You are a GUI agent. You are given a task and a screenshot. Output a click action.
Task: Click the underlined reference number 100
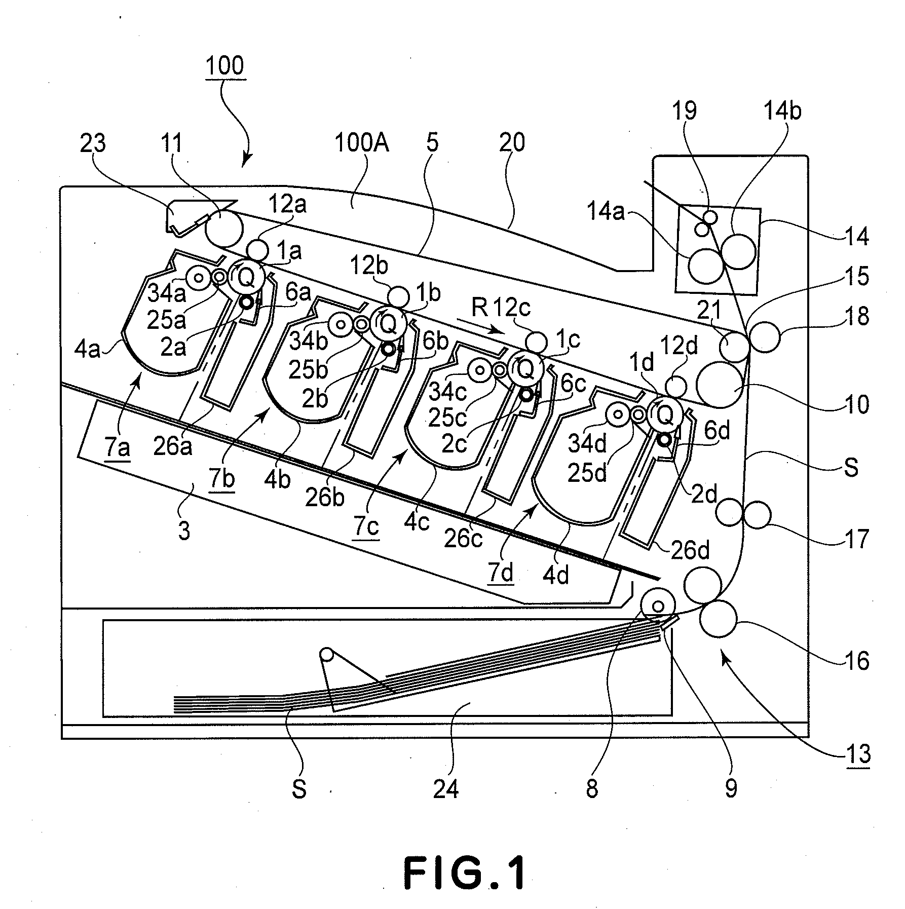tap(225, 66)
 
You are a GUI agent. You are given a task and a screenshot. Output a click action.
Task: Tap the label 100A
tap(361, 143)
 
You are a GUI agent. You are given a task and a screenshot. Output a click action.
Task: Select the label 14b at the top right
tap(782, 110)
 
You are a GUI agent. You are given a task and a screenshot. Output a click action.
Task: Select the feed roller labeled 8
tap(658, 606)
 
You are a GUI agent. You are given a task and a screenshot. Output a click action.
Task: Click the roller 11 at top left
tap(223, 229)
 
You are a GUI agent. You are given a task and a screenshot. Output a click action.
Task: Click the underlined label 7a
tap(117, 448)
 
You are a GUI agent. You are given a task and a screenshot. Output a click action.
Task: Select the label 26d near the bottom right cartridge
tap(690, 551)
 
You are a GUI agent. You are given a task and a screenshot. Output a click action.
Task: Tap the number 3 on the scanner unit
tap(184, 531)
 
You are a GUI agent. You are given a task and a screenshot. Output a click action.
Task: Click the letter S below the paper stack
tap(299, 789)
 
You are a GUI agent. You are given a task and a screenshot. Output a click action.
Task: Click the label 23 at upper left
tap(93, 143)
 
